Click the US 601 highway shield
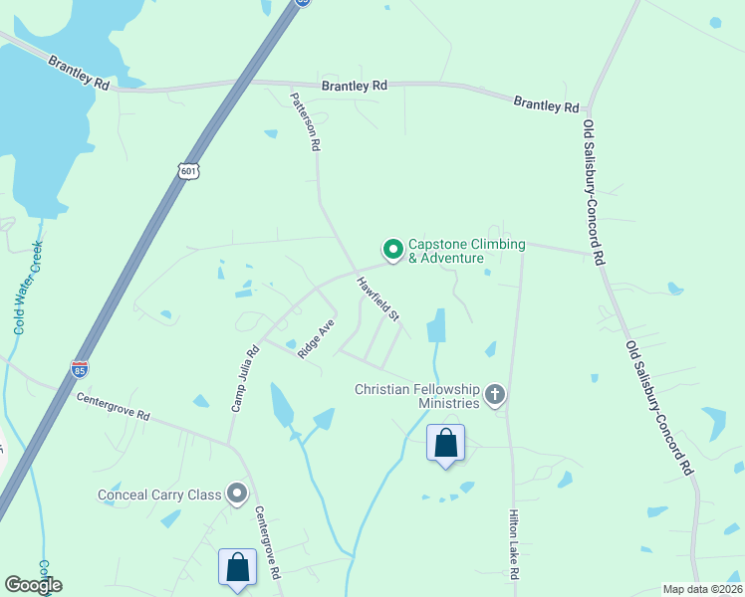[x=190, y=170]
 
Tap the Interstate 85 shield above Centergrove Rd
[x=80, y=368]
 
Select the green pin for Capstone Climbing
[x=393, y=249]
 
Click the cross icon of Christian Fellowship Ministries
[x=495, y=396]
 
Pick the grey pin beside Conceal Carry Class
[x=237, y=494]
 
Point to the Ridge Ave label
[x=314, y=339]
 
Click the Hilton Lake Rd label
[x=514, y=546]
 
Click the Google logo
[x=33, y=585]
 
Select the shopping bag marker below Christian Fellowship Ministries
[x=446, y=443]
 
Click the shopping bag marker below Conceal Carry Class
[x=237, y=568]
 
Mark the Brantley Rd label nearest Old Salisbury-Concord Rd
[x=546, y=103]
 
